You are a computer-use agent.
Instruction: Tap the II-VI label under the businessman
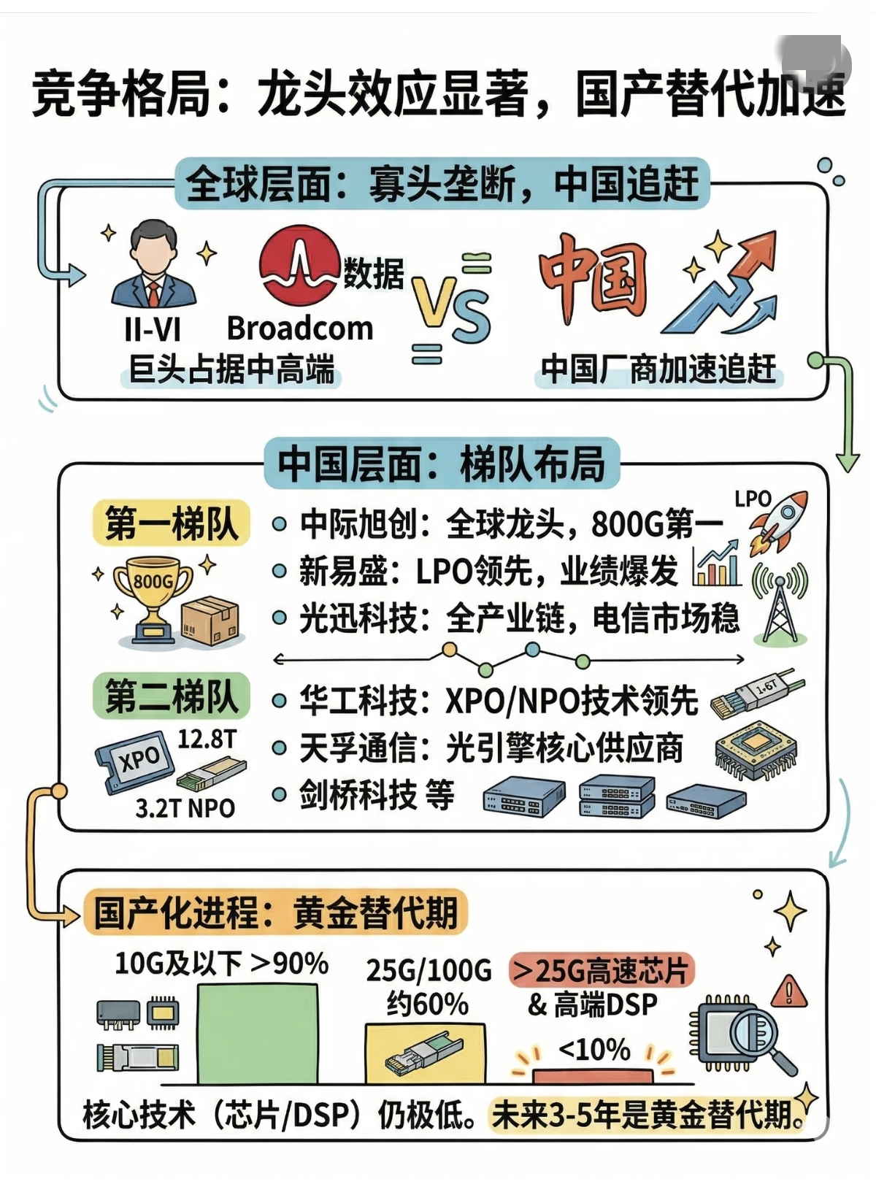pyautogui.click(x=152, y=329)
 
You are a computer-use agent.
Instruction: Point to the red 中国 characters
pyautogui.click(x=593, y=278)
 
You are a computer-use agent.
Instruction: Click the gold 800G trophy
pyautogui.click(x=153, y=595)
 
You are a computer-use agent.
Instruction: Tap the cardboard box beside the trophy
pyautogui.click(x=210, y=621)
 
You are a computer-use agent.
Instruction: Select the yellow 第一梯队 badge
pyautogui.click(x=172, y=523)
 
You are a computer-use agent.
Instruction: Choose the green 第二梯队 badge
pyautogui.click(x=172, y=696)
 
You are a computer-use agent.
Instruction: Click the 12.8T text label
pyautogui.click(x=207, y=739)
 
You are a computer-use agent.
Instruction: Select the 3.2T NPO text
pyautogui.click(x=185, y=808)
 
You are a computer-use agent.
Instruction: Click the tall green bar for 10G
pyautogui.click(x=258, y=1033)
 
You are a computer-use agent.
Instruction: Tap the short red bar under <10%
pyautogui.click(x=593, y=1075)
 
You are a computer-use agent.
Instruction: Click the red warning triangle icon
pyautogui.click(x=788, y=991)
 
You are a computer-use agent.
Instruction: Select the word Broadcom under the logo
pyautogui.click(x=299, y=329)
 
